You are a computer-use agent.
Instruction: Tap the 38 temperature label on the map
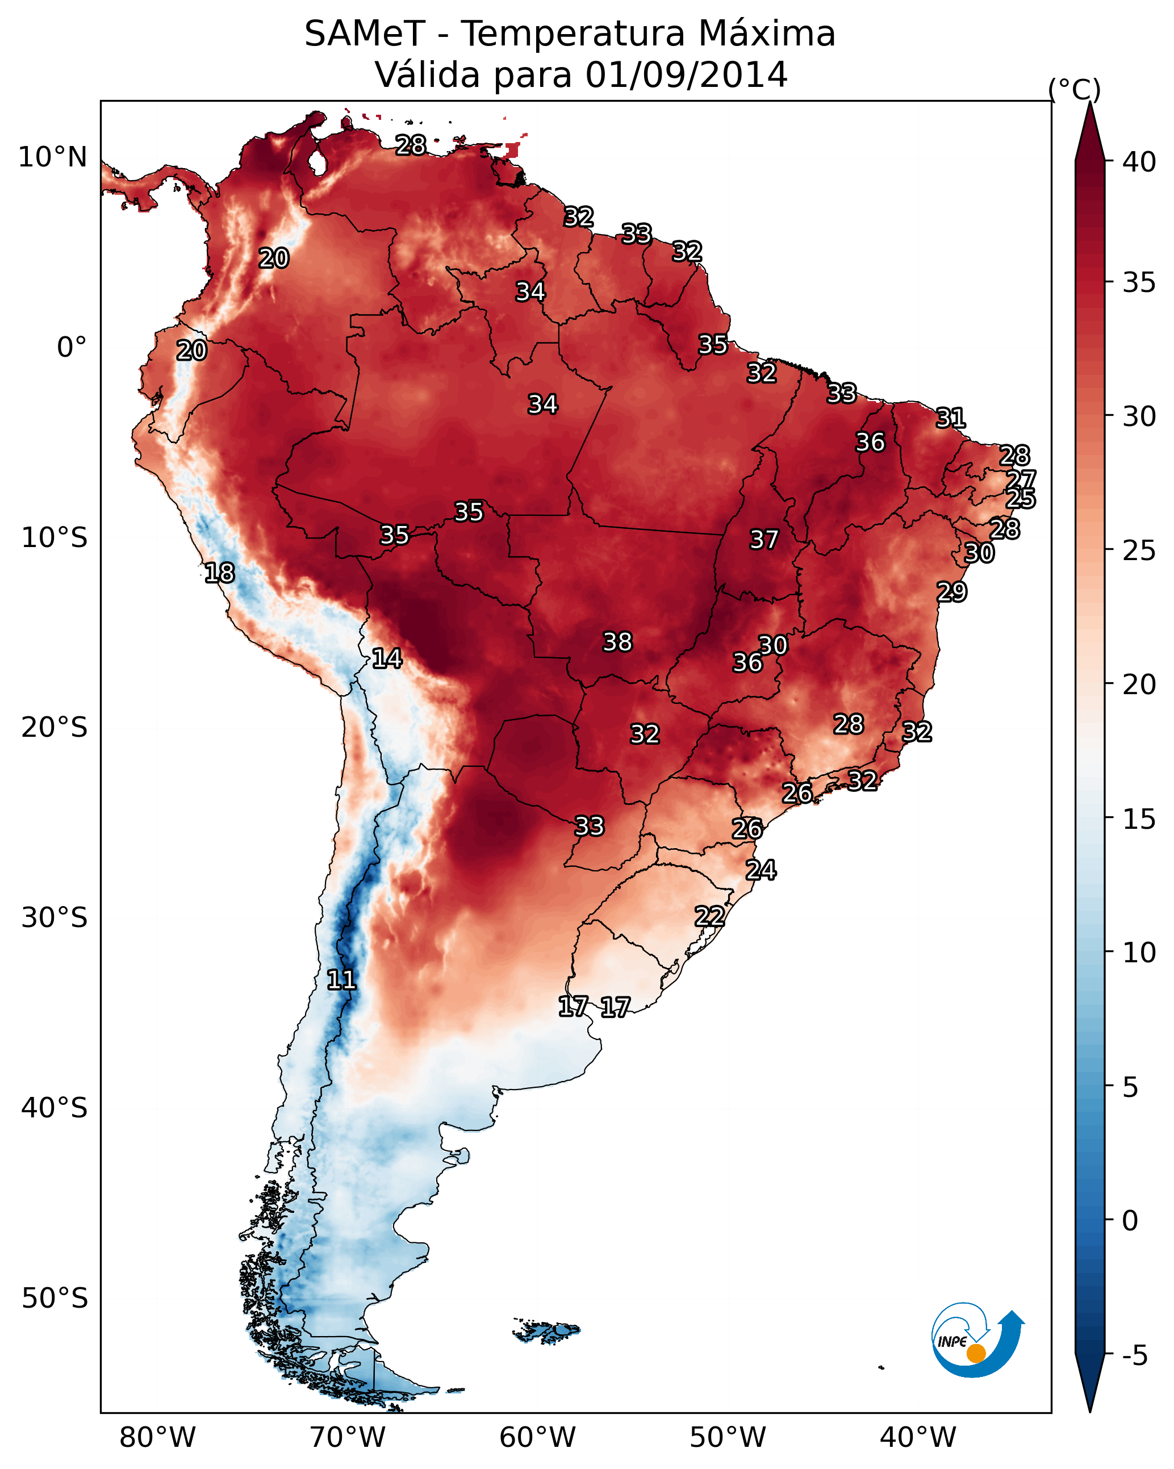(617, 642)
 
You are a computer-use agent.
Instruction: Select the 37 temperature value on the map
(764, 540)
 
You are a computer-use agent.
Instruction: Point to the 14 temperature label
(387, 658)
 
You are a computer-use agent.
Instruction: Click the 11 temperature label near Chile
(341, 980)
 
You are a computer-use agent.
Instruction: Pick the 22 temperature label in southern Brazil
(709, 916)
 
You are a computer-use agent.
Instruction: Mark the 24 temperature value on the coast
(761, 870)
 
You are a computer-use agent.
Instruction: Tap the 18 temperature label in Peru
(219, 573)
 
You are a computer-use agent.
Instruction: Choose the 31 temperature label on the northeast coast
(951, 418)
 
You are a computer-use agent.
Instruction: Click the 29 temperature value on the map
(951, 591)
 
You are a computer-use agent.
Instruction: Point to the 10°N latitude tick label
(52, 157)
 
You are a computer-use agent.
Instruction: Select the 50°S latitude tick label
(55, 1299)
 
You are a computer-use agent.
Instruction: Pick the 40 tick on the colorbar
(1139, 162)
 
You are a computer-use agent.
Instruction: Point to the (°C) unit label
(1074, 89)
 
